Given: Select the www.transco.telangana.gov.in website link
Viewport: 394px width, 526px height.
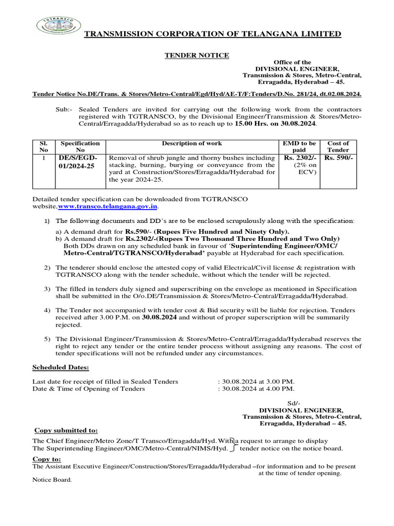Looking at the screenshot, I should (x=108, y=206).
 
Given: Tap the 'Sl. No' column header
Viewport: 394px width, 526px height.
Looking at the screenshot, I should (x=44, y=146).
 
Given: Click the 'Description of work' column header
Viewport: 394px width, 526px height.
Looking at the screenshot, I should (x=192, y=143).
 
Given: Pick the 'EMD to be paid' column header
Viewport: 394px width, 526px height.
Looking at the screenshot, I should (x=299, y=146).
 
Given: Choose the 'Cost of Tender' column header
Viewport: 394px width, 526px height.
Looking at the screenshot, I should (x=338, y=146).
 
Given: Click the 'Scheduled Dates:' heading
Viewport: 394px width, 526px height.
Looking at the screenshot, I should (x=61, y=367).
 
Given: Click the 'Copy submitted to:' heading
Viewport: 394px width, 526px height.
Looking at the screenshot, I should (x=66, y=430).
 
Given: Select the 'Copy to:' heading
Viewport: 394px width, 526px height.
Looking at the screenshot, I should (x=47, y=459).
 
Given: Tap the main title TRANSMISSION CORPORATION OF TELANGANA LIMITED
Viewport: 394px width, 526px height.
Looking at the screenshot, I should (x=212, y=34).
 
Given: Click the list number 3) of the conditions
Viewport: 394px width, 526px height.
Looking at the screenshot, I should (x=47, y=289).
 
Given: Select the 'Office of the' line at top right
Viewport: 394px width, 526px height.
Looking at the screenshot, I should (x=292, y=62).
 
